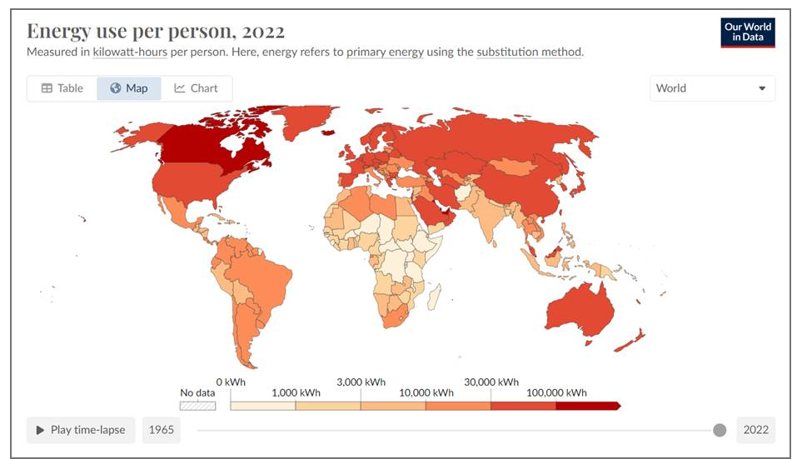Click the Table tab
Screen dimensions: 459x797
pos(62,88)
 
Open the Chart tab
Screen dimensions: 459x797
pos(196,88)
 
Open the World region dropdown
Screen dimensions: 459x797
pos(711,88)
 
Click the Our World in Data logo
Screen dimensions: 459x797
pos(748,32)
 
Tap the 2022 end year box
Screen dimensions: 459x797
pos(755,430)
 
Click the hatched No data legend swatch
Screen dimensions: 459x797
pos(198,406)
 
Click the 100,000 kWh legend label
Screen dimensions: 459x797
pos(555,392)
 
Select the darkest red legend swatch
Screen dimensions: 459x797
pos(586,406)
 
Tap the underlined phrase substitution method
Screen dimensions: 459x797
pos(529,52)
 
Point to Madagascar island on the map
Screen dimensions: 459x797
pos(432,296)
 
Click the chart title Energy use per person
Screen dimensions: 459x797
pos(156,31)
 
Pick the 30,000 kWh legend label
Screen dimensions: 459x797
pos(491,382)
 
